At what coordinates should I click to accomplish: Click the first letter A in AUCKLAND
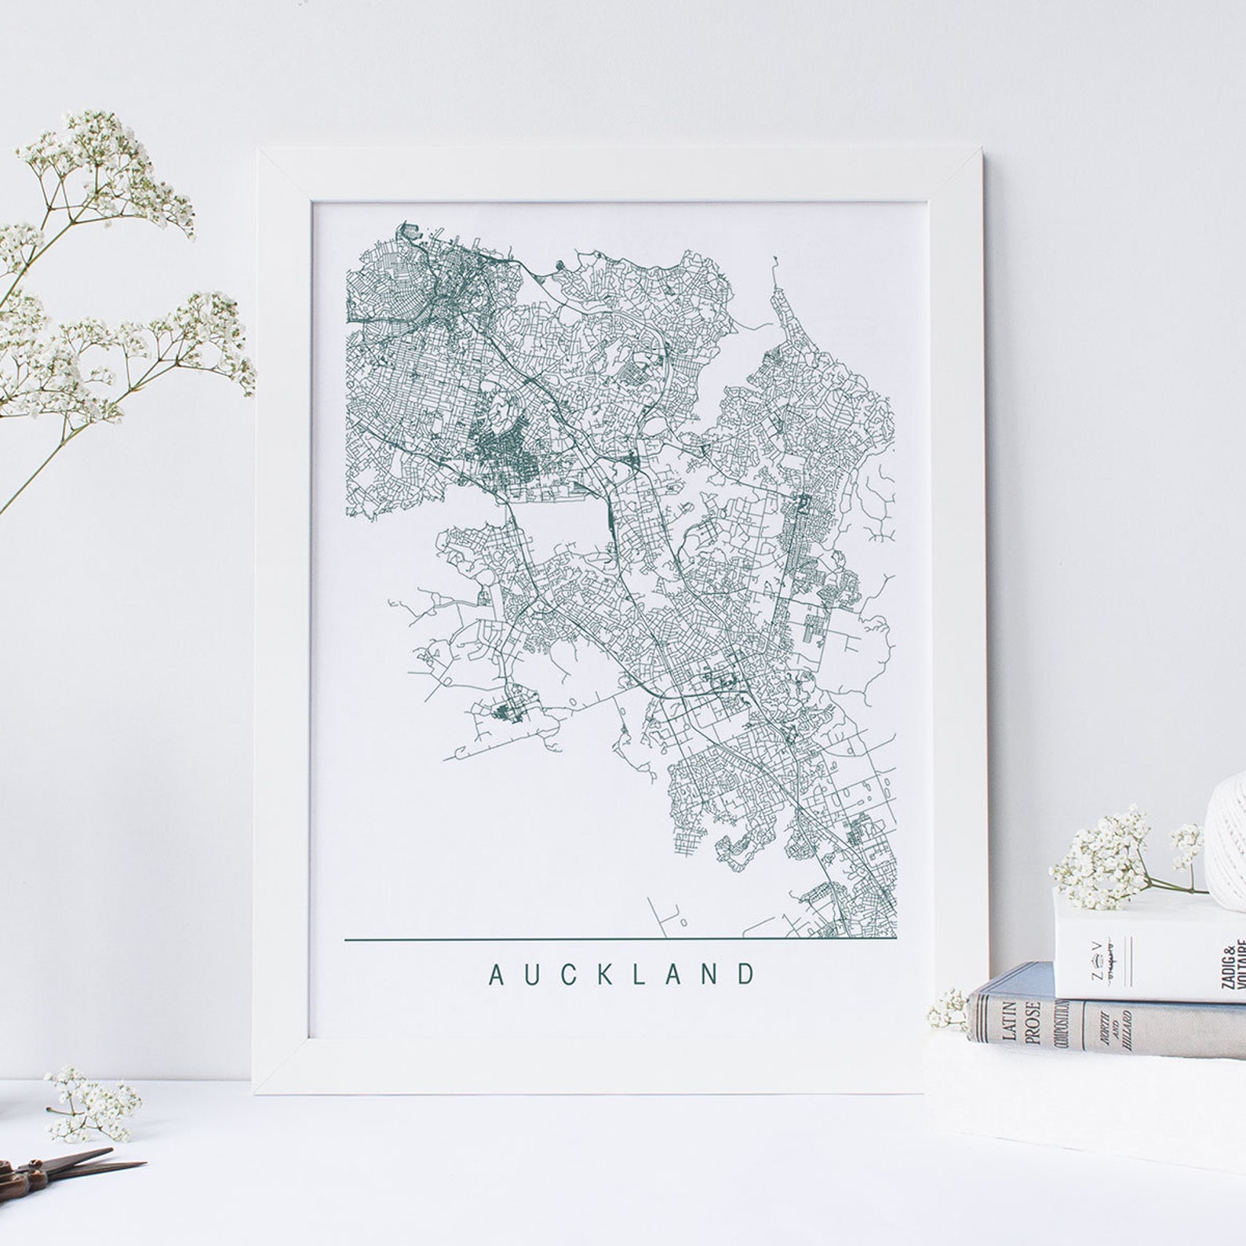coord(496,975)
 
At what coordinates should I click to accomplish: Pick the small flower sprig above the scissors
coord(90,1102)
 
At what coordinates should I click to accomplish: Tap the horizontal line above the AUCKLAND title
coord(620,938)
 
